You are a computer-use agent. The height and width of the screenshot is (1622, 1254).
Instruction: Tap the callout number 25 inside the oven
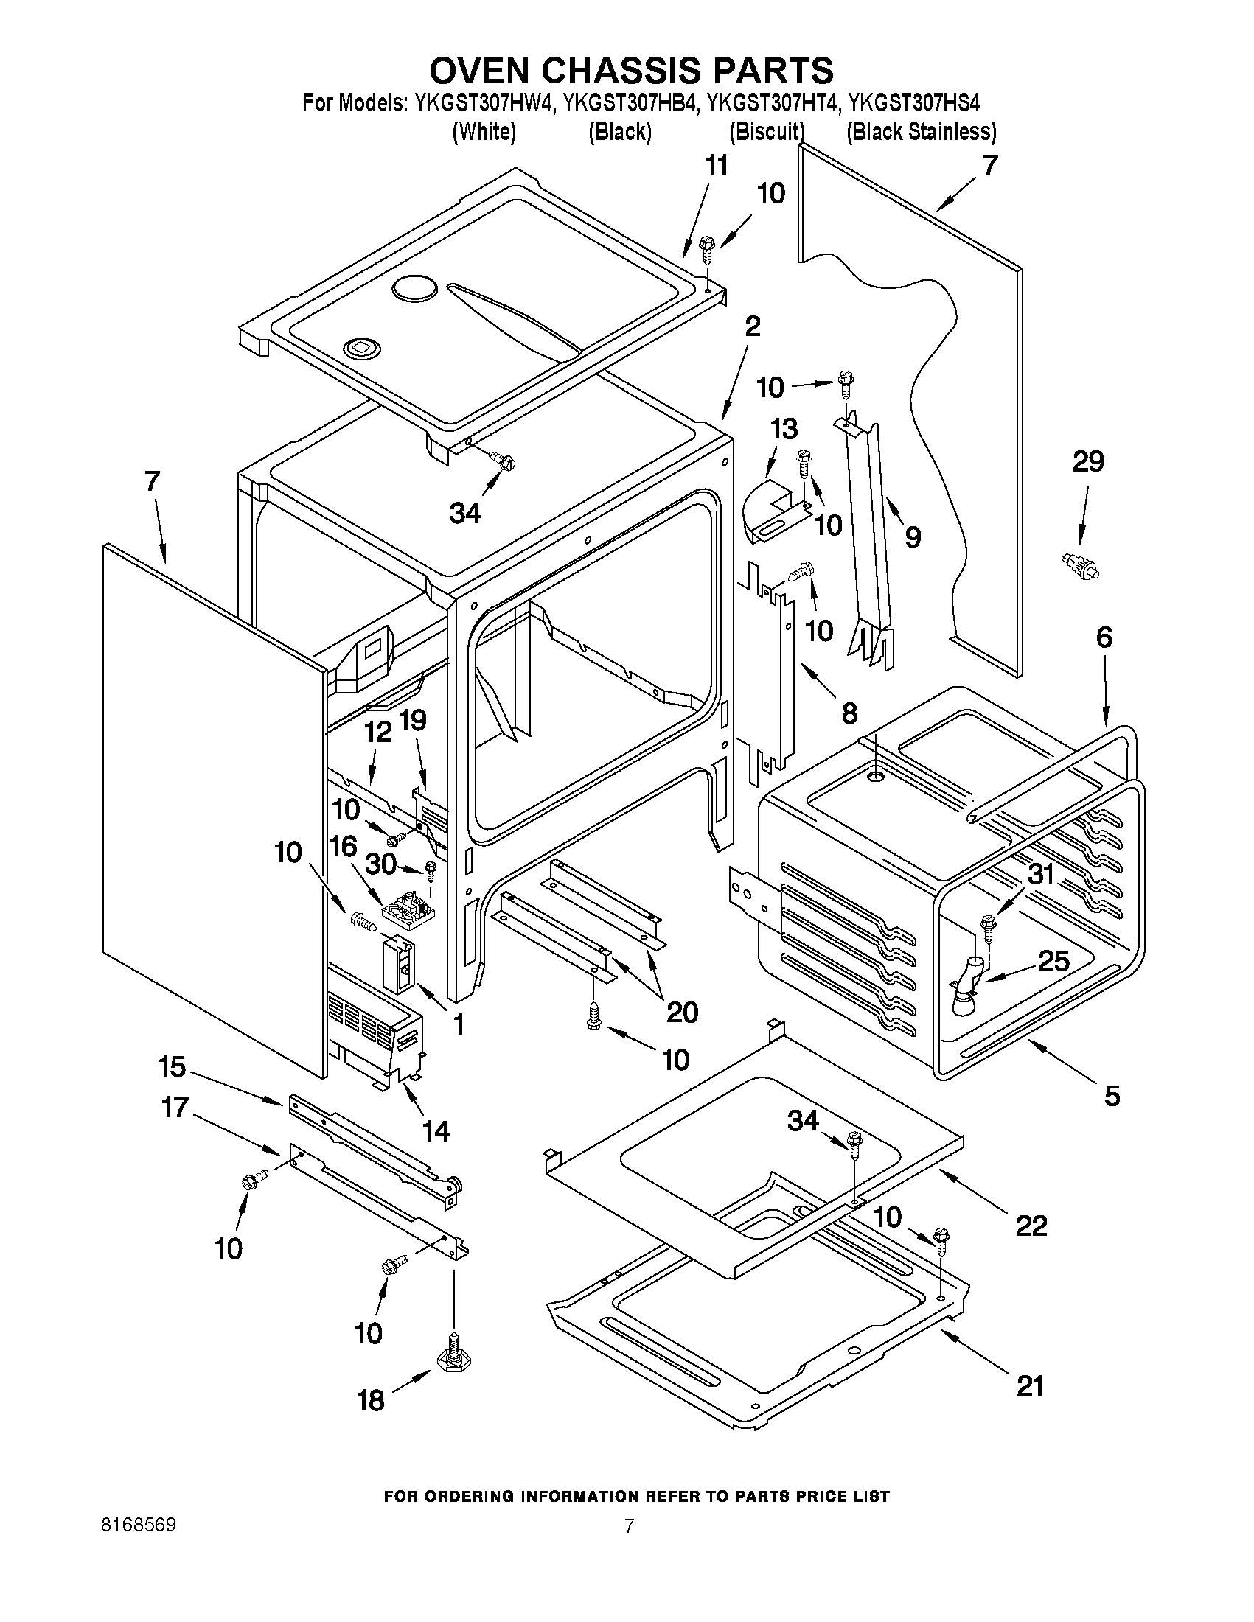point(1053,961)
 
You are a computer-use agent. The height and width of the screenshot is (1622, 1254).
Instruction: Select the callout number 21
point(1030,1386)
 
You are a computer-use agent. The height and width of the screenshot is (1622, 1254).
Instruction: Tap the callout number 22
point(1031,1226)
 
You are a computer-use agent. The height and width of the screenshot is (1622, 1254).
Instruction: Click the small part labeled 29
point(1080,569)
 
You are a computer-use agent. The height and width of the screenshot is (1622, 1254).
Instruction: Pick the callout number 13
point(784,428)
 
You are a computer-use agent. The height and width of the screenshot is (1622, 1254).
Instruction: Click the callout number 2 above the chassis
point(753,326)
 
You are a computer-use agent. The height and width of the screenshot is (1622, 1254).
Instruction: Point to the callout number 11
point(716,166)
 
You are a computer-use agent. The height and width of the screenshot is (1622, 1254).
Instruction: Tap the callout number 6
point(1104,637)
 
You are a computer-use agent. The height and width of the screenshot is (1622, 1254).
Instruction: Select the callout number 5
point(1112,1096)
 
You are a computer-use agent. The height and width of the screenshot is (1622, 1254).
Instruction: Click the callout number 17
point(175,1108)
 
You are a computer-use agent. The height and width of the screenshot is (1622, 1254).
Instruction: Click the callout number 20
point(682,1012)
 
